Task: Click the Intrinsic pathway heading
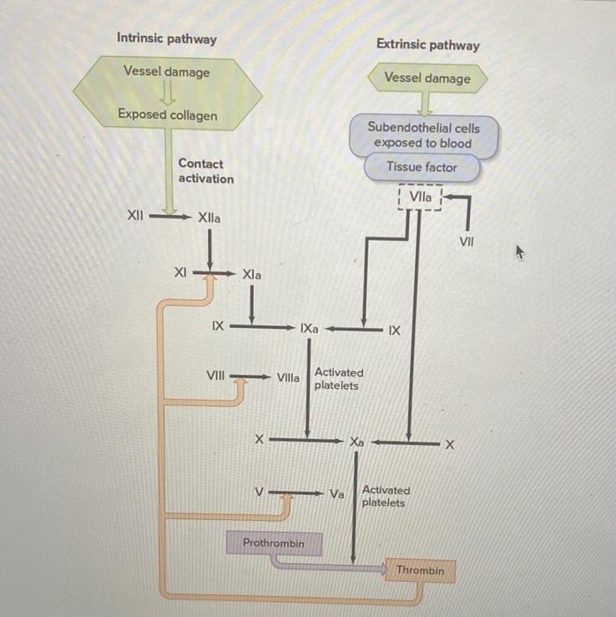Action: coord(167,39)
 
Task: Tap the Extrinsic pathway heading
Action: coord(427,45)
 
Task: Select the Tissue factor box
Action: coord(421,167)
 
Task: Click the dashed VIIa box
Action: coord(420,197)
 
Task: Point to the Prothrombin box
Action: coord(273,544)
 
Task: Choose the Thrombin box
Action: coord(419,571)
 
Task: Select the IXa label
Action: coord(309,330)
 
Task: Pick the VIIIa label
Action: coord(288,378)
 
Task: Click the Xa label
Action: coord(356,440)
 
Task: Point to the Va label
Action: coord(337,494)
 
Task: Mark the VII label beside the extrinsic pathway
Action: coord(468,239)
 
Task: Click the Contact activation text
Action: coord(205,171)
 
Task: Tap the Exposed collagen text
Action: coord(167,115)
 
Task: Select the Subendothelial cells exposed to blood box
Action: coord(423,136)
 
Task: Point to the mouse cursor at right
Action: coord(520,252)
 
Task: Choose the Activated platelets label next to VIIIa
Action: coord(338,379)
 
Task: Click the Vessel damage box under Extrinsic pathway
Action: coord(427,78)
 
